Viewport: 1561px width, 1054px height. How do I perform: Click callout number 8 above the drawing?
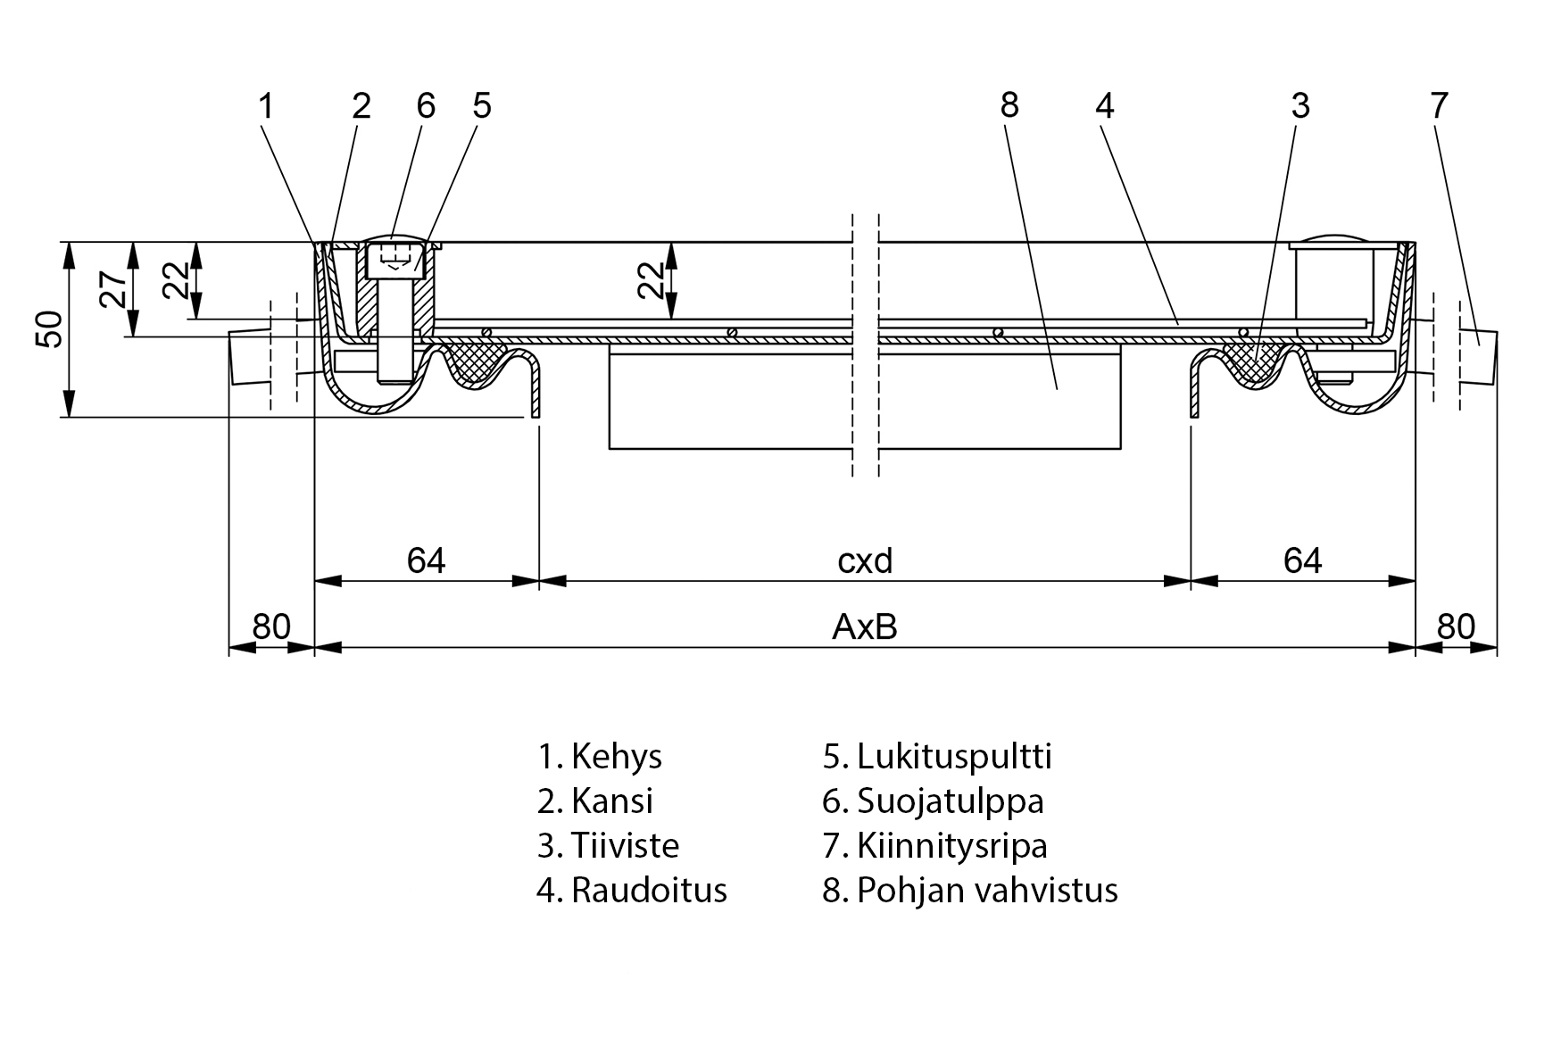tap(1009, 105)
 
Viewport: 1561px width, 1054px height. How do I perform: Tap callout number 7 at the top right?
tap(1439, 105)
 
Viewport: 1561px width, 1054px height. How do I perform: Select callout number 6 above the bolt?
tap(426, 105)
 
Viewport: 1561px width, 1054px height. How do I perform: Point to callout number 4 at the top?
tap(1104, 105)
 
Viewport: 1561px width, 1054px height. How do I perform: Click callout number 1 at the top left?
tap(265, 105)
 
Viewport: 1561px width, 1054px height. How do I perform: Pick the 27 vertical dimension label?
tap(114, 289)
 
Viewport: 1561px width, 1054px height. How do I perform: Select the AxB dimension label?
tap(864, 627)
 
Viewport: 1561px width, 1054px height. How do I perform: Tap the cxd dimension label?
tap(865, 560)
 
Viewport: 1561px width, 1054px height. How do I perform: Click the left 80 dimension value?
tap(270, 627)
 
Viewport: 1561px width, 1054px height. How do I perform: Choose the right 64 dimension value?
tap(1302, 560)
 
